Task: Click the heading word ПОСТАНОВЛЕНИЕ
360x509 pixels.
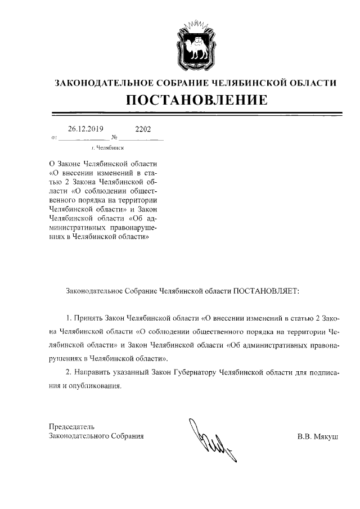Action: (x=195, y=101)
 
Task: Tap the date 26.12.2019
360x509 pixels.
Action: (x=85, y=129)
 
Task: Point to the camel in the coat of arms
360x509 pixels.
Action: (x=195, y=46)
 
